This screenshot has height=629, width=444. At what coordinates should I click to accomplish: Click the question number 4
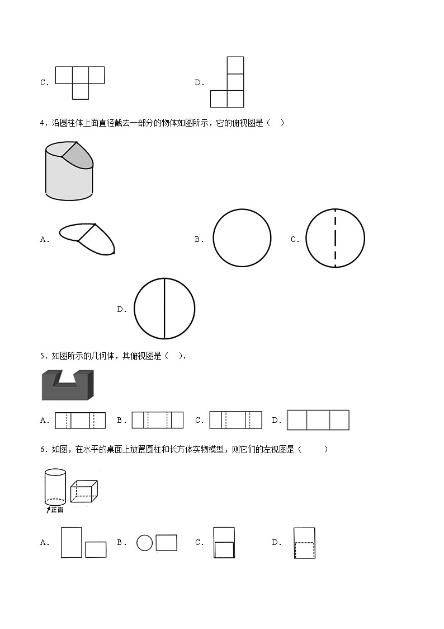[44, 123]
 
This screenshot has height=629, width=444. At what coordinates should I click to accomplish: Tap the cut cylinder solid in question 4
[69, 170]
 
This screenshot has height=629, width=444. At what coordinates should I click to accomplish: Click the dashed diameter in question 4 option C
[335, 238]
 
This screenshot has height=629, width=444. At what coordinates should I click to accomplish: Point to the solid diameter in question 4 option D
[164, 309]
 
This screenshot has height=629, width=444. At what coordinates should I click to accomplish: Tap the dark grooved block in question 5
[68, 385]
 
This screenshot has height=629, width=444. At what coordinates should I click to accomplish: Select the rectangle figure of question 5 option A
[80, 421]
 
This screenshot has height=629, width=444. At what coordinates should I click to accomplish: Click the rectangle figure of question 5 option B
[157, 420]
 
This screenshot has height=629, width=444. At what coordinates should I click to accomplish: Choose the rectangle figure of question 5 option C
[236, 420]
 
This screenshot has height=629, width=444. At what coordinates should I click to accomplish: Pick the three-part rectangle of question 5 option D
[318, 420]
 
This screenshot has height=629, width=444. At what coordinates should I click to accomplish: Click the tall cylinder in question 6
[55, 487]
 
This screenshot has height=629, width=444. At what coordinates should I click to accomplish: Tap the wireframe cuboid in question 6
[84, 491]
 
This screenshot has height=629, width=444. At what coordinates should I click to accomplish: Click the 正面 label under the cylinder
[57, 510]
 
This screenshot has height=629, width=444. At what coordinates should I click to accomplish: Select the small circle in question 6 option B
[144, 543]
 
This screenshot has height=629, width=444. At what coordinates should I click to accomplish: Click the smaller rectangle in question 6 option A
[96, 549]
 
